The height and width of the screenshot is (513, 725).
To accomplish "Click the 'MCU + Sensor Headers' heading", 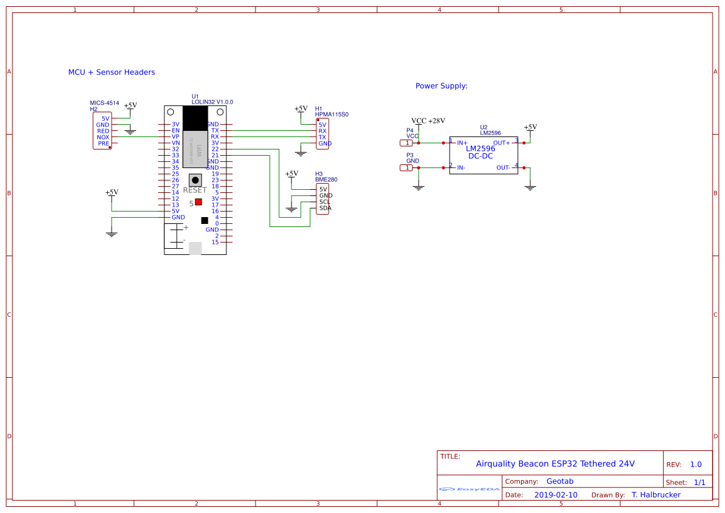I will tap(112, 73).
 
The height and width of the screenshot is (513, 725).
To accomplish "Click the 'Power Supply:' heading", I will tap(441, 86).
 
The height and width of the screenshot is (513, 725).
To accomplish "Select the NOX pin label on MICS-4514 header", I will tap(103, 137).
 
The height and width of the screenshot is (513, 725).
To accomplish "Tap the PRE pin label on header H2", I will tap(104, 143).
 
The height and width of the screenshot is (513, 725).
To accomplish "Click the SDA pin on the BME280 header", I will tap(325, 208).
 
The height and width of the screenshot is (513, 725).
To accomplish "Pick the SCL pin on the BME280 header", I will tap(324, 202).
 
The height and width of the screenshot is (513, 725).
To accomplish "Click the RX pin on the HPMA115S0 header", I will tap(322, 131).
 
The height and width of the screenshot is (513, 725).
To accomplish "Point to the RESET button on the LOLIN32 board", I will tap(195, 179).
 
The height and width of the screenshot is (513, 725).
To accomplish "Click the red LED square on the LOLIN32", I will tap(198, 202).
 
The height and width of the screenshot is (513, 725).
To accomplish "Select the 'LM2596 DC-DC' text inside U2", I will tap(481, 152).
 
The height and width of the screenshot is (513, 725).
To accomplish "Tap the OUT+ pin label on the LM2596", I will tap(501, 143).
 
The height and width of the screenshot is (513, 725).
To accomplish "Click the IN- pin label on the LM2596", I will tap(461, 168).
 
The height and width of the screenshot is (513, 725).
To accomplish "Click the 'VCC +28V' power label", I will tap(428, 121).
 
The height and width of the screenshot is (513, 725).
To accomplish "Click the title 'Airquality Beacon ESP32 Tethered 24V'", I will tap(555, 464).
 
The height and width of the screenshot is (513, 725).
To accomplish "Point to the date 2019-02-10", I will tap(556, 495).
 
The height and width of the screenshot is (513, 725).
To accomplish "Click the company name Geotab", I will tap(559, 481).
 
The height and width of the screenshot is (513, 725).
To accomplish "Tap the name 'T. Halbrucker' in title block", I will tap(656, 495).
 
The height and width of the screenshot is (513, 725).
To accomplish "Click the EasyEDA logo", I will tap(469, 489).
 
